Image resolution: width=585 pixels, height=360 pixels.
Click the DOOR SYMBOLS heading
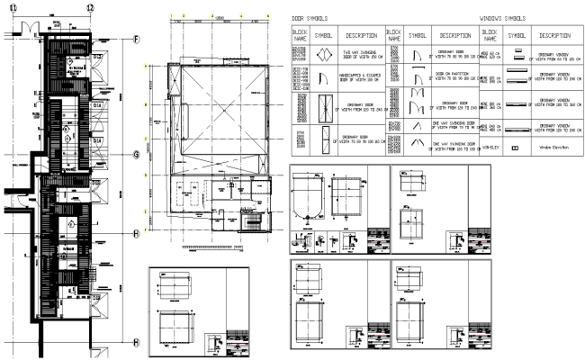pyautogui.click(x=309, y=18)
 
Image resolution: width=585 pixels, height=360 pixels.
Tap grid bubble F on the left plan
pyautogui.click(x=136, y=40)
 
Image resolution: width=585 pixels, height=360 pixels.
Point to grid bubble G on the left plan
pyautogui.click(x=136, y=155)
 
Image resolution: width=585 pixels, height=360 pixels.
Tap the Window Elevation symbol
pyautogui.click(x=517, y=146)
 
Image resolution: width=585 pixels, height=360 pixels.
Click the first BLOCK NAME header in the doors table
pyautogui.click(x=301, y=35)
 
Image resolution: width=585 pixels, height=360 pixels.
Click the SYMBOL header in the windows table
pyautogui.click(x=517, y=35)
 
